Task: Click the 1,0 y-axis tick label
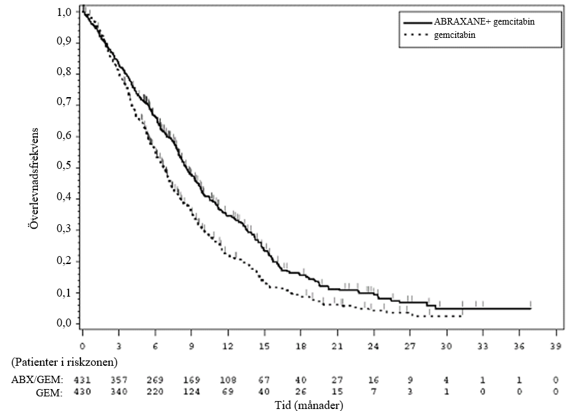tap(64, 13)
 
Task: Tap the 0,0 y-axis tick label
tap(64, 323)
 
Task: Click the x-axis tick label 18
tap(300, 346)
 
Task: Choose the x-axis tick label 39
tap(556, 346)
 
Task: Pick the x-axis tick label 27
tap(410, 346)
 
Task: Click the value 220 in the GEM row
tap(155, 392)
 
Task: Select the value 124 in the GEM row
tap(191, 392)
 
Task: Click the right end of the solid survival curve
tap(530, 309)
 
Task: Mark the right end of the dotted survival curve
tap(461, 316)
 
